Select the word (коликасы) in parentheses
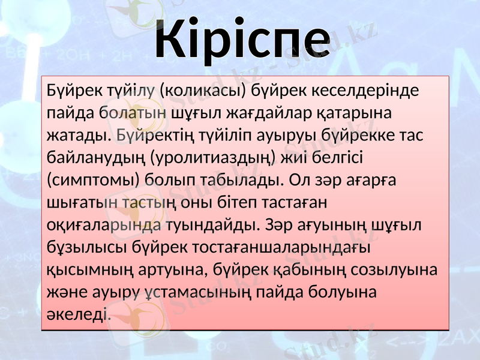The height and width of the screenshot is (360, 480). pos(204,91)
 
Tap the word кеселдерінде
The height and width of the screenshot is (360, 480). pos(370,91)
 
